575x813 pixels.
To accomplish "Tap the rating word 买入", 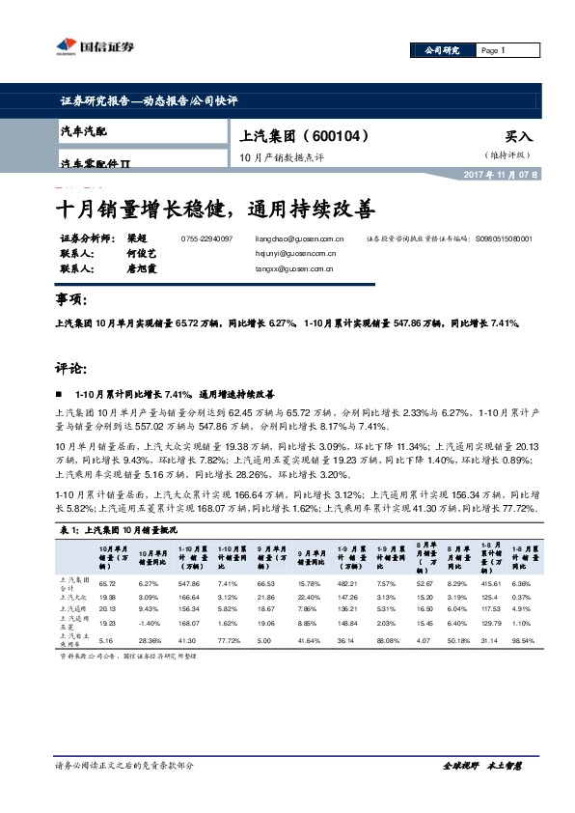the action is [x=518, y=137].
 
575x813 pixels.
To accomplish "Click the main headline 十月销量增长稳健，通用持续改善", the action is [x=213, y=209].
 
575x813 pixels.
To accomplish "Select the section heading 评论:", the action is [x=72, y=368].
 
